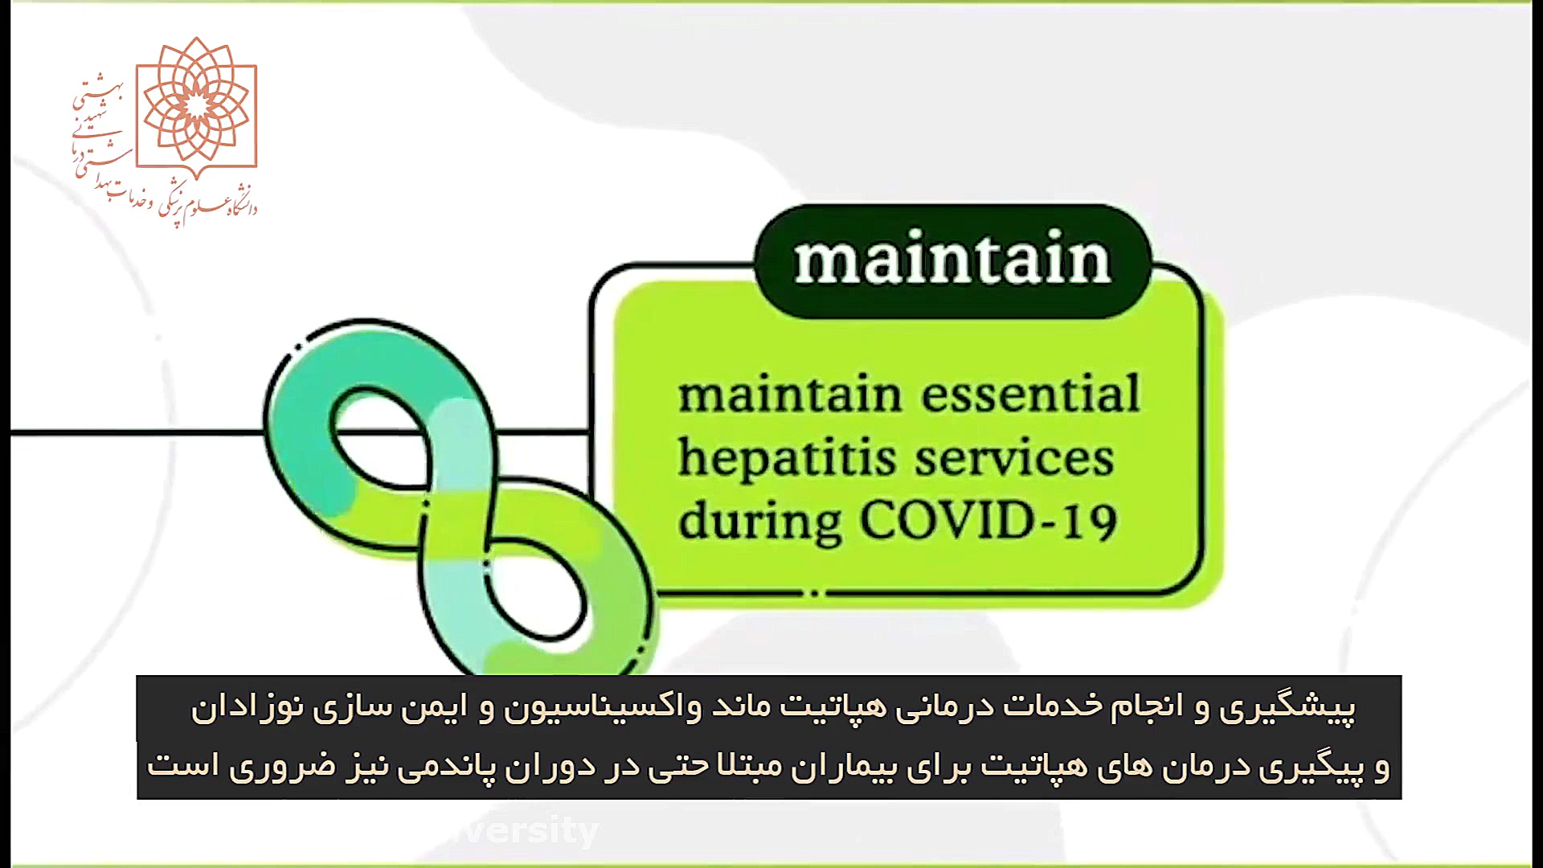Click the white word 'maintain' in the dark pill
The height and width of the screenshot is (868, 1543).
(x=952, y=260)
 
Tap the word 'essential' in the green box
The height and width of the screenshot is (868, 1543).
(x=1031, y=394)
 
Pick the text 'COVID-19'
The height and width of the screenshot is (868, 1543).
(x=988, y=521)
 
